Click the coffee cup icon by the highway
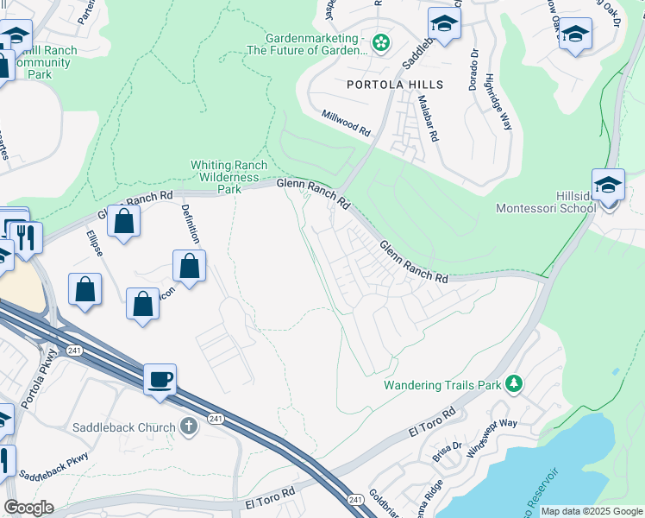coord(160,379)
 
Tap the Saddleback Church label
coord(128,426)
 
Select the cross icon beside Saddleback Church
coord(189,426)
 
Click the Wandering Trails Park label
coord(442,383)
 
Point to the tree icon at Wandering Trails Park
coord(514,382)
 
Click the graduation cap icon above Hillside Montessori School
coord(609,186)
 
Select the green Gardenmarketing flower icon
coord(380,41)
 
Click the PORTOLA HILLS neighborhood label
coord(395,85)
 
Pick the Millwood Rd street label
coord(346,123)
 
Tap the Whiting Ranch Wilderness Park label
coord(229,176)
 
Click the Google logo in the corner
coord(28,508)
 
